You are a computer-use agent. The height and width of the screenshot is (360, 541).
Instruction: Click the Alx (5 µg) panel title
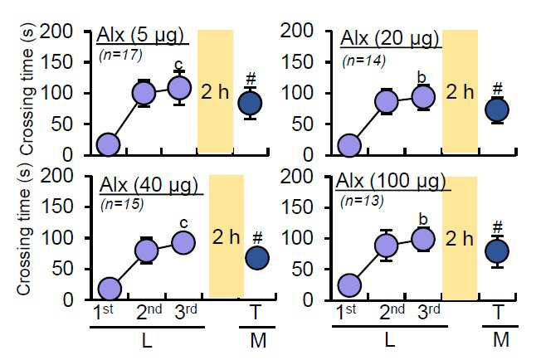pyautogui.click(x=140, y=35)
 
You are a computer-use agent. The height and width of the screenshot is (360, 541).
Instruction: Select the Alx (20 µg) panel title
pyautogui.click(x=389, y=38)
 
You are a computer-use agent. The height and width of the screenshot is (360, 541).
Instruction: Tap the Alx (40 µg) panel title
pyautogui.click(x=149, y=185)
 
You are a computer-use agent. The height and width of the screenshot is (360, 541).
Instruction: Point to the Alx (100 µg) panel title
pyautogui.click(x=391, y=181)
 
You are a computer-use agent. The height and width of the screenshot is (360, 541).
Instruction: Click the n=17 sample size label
pyautogui.click(x=120, y=56)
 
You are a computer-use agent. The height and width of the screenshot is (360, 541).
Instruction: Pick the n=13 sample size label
pyautogui.click(x=362, y=201)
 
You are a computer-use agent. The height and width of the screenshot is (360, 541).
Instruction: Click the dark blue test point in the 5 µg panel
pyautogui.click(x=251, y=104)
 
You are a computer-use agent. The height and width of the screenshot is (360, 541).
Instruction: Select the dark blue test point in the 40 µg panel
pyautogui.click(x=257, y=258)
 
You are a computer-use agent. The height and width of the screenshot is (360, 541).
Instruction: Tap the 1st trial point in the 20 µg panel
pyautogui.click(x=349, y=145)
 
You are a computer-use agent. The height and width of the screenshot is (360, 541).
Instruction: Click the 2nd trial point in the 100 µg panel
pyautogui.click(x=386, y=246)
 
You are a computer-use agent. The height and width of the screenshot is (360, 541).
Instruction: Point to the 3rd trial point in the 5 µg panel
pyautogui.click(x=179, y=88)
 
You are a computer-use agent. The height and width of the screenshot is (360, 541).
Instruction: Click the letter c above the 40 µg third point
pyautogui.click(x=184, y=223)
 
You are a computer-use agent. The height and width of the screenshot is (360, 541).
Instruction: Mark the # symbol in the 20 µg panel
pyautogui.click(x=497, y=89)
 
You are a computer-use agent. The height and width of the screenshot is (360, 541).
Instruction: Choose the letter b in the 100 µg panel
pyautogui.click(x=422, y=219)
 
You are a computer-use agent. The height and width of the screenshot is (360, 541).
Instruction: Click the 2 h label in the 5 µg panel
pyautogui.click(x=215, y=92)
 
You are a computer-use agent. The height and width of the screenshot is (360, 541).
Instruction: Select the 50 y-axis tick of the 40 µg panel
pyautogui.click(x=63, y=269)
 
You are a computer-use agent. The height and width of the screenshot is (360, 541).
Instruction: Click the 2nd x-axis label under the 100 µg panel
pyautogui.click(x=392, y=312)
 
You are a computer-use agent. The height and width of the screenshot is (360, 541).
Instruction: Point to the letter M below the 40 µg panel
pyautogui.click(x=258, y=340)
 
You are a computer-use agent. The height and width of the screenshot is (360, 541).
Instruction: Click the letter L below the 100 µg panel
pyautogui.click(x=389, y=340)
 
